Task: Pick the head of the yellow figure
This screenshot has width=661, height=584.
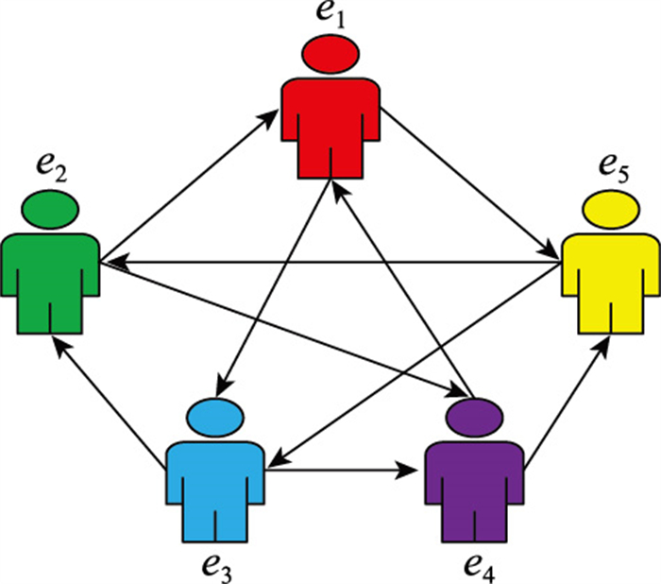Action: pyautogui.click(x=610, y=209)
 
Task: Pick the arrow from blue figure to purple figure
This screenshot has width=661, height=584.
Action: pyautogui.click(x=345, y=468)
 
